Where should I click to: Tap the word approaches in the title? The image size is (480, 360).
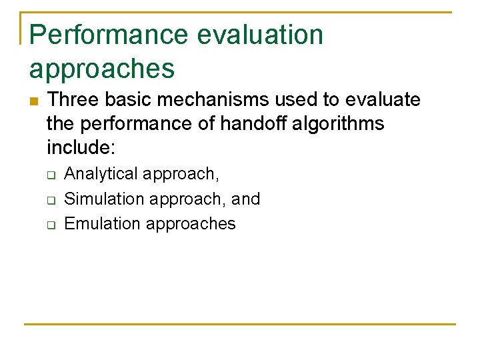(102, 69)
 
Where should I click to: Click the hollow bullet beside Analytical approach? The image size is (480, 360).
(51, 175)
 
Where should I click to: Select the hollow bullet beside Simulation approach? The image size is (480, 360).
(51, 199)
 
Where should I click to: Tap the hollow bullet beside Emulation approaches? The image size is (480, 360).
(51, 224)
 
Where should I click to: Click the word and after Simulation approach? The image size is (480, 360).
(245, 199)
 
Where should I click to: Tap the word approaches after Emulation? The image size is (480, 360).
(191, 224)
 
